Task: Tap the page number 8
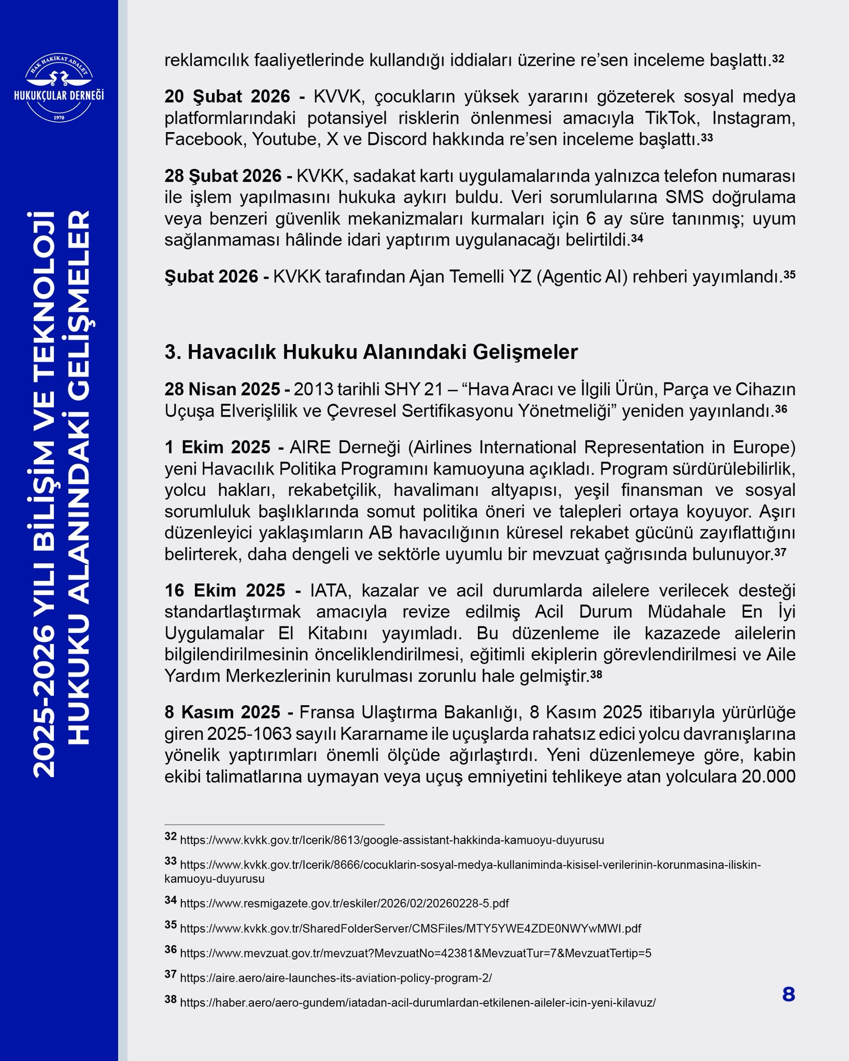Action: [788, 995]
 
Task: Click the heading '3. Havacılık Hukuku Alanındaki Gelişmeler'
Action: [371, 352]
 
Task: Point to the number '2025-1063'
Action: [247, 734]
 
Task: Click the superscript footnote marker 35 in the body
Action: [789, 275]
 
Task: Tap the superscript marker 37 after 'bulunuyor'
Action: [780, 552]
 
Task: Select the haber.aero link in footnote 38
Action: [417, 1003]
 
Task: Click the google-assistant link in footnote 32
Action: [391, 840]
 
